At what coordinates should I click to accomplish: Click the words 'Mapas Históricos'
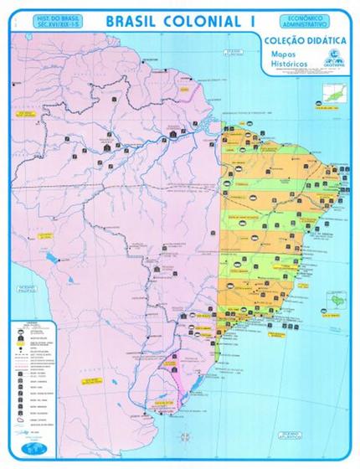[290, 59]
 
